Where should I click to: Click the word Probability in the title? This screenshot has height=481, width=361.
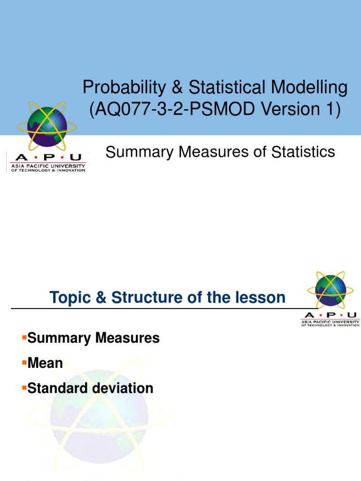click(118, 87)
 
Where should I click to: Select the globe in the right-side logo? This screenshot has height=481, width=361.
click(330, 290)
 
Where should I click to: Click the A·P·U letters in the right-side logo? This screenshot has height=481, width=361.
click(330, 315)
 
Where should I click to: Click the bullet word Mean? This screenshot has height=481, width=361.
click(45, 363)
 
